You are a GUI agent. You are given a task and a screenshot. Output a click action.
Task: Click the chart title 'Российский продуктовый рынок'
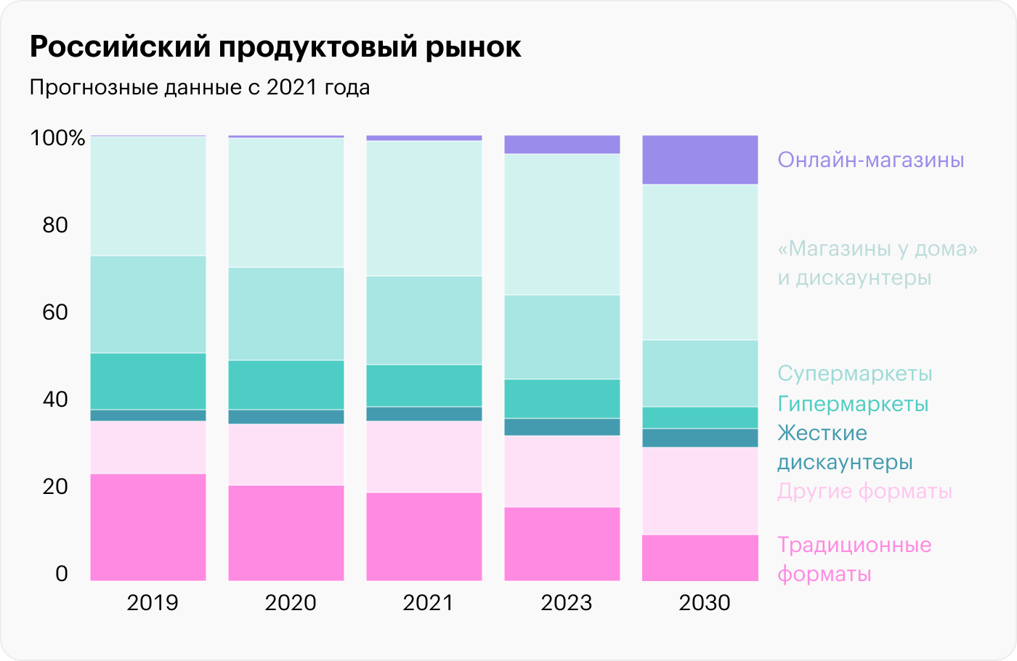pyautogui.click(x=275, y=47)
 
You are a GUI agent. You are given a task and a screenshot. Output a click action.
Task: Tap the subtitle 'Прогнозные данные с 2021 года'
pyautogui.click(x=200, y=87)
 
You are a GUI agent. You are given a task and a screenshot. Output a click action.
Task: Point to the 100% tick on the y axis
pyautogui.click(x=57, y=137)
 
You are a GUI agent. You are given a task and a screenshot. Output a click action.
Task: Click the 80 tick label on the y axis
pyautogui.click(x=55, y=224)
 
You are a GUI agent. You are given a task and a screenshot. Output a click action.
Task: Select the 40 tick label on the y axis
pyautogui.click(x=55, y=399)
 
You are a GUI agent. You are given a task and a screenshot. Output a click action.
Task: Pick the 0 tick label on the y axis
pyautogui.click(x=62, y=573)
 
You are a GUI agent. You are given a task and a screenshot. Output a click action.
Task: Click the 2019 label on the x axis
pyautogui.click(x=152, y=602)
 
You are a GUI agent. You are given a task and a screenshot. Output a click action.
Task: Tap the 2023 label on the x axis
pyautogui.click(x=566, y=602)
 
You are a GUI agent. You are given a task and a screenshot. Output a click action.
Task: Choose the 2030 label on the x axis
pyautogui.click(x=704, y=602)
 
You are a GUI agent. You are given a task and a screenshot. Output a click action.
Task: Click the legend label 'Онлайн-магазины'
pyautogui.click(x=870, y=160)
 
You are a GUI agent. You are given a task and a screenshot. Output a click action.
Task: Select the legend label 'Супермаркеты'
pyautogui.click(x=854, y=373)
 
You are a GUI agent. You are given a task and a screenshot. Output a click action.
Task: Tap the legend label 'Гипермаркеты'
pyautogui.click(x=853, y=403)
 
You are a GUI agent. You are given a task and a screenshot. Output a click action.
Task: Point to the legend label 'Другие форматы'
pyautogui.click(x=864, y=491)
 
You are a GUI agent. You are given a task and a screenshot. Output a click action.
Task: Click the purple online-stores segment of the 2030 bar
pyautogui.click(x=700, y=160)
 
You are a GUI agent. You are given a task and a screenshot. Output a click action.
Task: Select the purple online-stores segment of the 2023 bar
pyautogui.click(x=562, y=145)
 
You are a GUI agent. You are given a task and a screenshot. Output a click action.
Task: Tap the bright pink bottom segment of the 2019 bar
pyautogui.click(x=148, y=527)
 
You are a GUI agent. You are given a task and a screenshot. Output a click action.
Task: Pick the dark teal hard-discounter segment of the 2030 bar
pyautogui.click(x=700, y=437)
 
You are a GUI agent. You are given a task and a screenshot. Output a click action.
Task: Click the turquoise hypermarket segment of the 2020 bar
pyautogui.click(x=286, y=385)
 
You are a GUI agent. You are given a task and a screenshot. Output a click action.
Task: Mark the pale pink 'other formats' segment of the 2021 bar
pyautogui.click(x=424, y=457)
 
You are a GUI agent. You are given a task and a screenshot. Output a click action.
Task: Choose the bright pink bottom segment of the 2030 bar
pyautogui.click(x=700, y=557)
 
